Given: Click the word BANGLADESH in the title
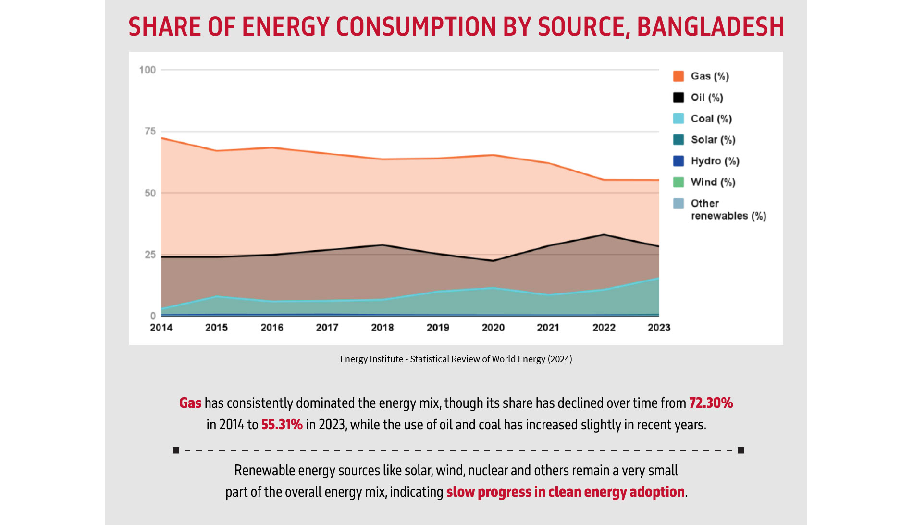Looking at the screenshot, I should pyautogui.click(x=710, y=27).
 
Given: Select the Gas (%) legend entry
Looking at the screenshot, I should pyautogui.click(x=709, y=76).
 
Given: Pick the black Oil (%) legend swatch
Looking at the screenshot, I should pyautogui.click(x=678, y=98).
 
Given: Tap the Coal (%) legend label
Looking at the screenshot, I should pyautogui.click(x=711, y=119).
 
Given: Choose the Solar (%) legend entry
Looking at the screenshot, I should pyautogui.click(x=713, y=140).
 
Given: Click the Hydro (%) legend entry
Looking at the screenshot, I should pyautogui.click(x=715, y=161).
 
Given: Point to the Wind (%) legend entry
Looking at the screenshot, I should pyautogui.click(x=713, y=182).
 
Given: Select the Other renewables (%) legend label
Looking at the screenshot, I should pyautogui.click(x=728, y=209).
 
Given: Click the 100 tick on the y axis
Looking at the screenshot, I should pyautogui.click(x=148, y=70).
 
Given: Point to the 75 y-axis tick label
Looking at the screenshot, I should pyautogui.click(x=150, y=131).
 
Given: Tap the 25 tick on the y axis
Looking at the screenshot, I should pyautogui.click(x=150, y=255).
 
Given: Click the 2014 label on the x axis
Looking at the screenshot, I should pyautogui.click(x=161, y=328).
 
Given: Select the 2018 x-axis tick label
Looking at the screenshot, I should pyautogui.click(x=382, y=328).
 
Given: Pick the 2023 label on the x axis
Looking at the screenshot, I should pyautogui.click(x=659, y=328).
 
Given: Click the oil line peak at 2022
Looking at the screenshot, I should pyautogui.click(x=604, y=235).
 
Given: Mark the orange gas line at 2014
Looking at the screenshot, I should pyautogui.click(x=162, y=138).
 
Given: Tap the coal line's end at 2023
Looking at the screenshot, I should pyautogui.click(x=658, y=279).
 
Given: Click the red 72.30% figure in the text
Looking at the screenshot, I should pyautogui.click(x=711, y=403).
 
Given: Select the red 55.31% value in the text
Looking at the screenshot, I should pyautogui.click(x=282, y=425).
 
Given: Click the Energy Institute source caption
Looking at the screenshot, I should pyautogui.click(x=456, y=359).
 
